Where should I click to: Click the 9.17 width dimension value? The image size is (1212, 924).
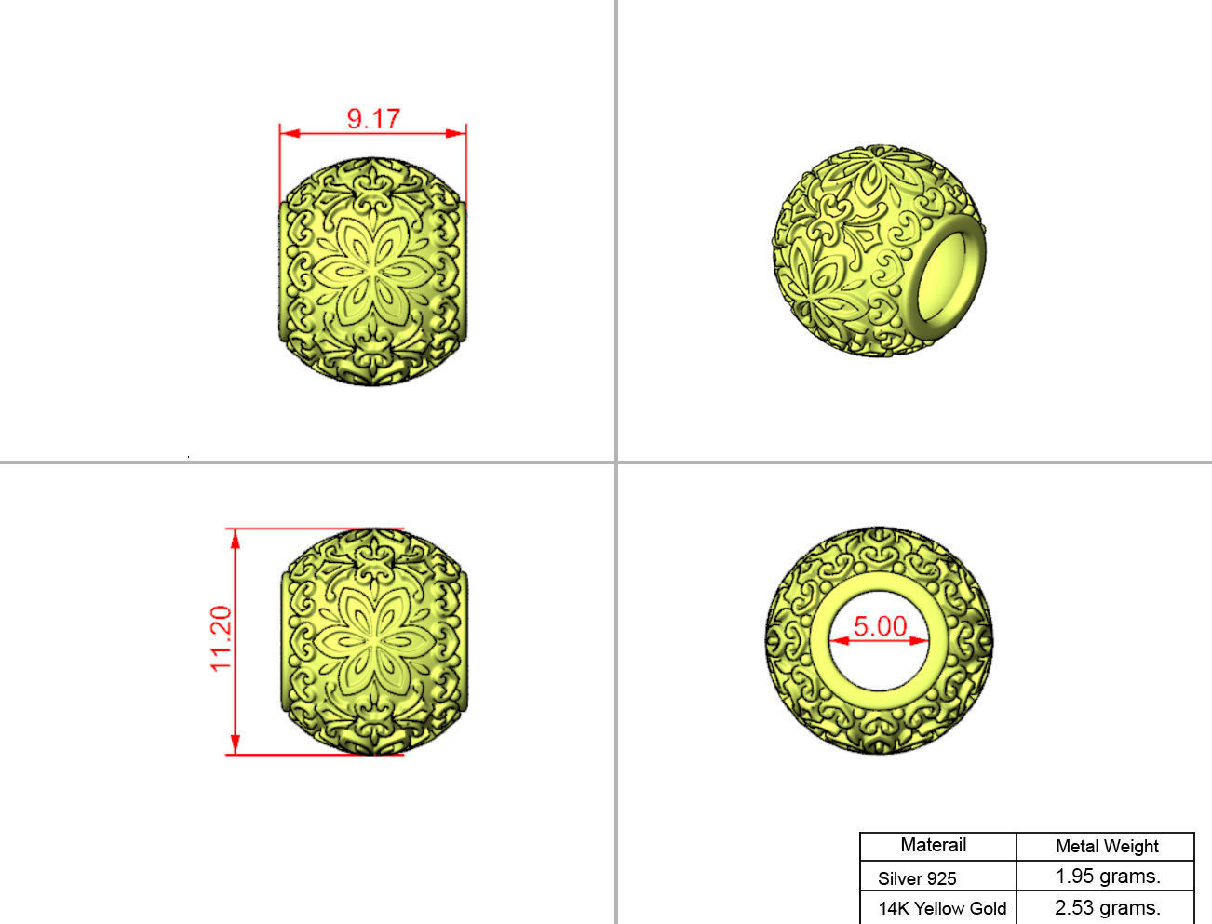pos(373,119)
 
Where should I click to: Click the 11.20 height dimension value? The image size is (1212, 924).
pos(221,638)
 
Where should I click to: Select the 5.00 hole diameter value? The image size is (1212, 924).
pos(880,626)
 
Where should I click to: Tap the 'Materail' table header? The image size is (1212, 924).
pos(933,845)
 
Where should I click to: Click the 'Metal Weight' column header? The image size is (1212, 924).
pos(1107,846)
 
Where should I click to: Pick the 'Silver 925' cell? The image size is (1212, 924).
pos(917,877)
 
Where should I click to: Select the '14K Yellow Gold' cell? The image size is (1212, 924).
pos(942,908)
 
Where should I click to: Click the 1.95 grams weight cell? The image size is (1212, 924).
pos(1108,877)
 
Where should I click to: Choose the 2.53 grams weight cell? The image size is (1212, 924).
pos(1108,908)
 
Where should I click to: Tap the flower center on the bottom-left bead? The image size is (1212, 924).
pos(373,641)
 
